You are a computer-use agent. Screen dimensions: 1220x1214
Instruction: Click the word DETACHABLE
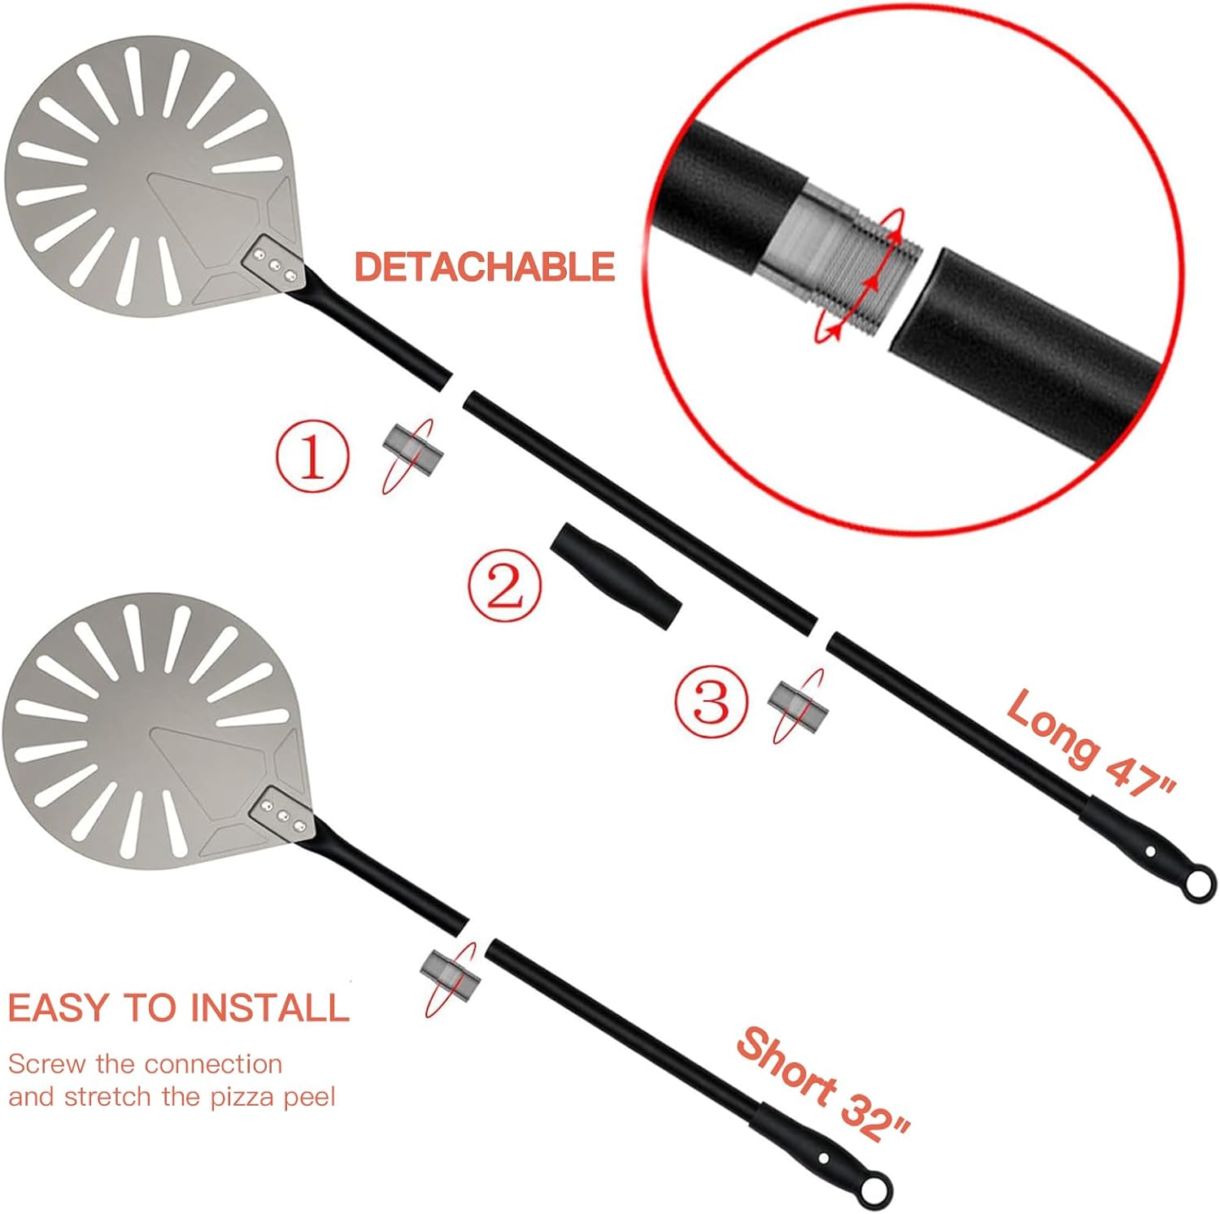pyautogui.click(x=484, y=267)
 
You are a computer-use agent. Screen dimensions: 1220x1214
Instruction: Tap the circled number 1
pyautogui.click(x=312, y=458)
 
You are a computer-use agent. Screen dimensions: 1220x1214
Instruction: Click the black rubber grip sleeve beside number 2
pyautogui.click(x=616, y=576)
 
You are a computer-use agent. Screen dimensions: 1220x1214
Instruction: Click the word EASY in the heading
pyautogui.click(x=57, y=1007)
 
